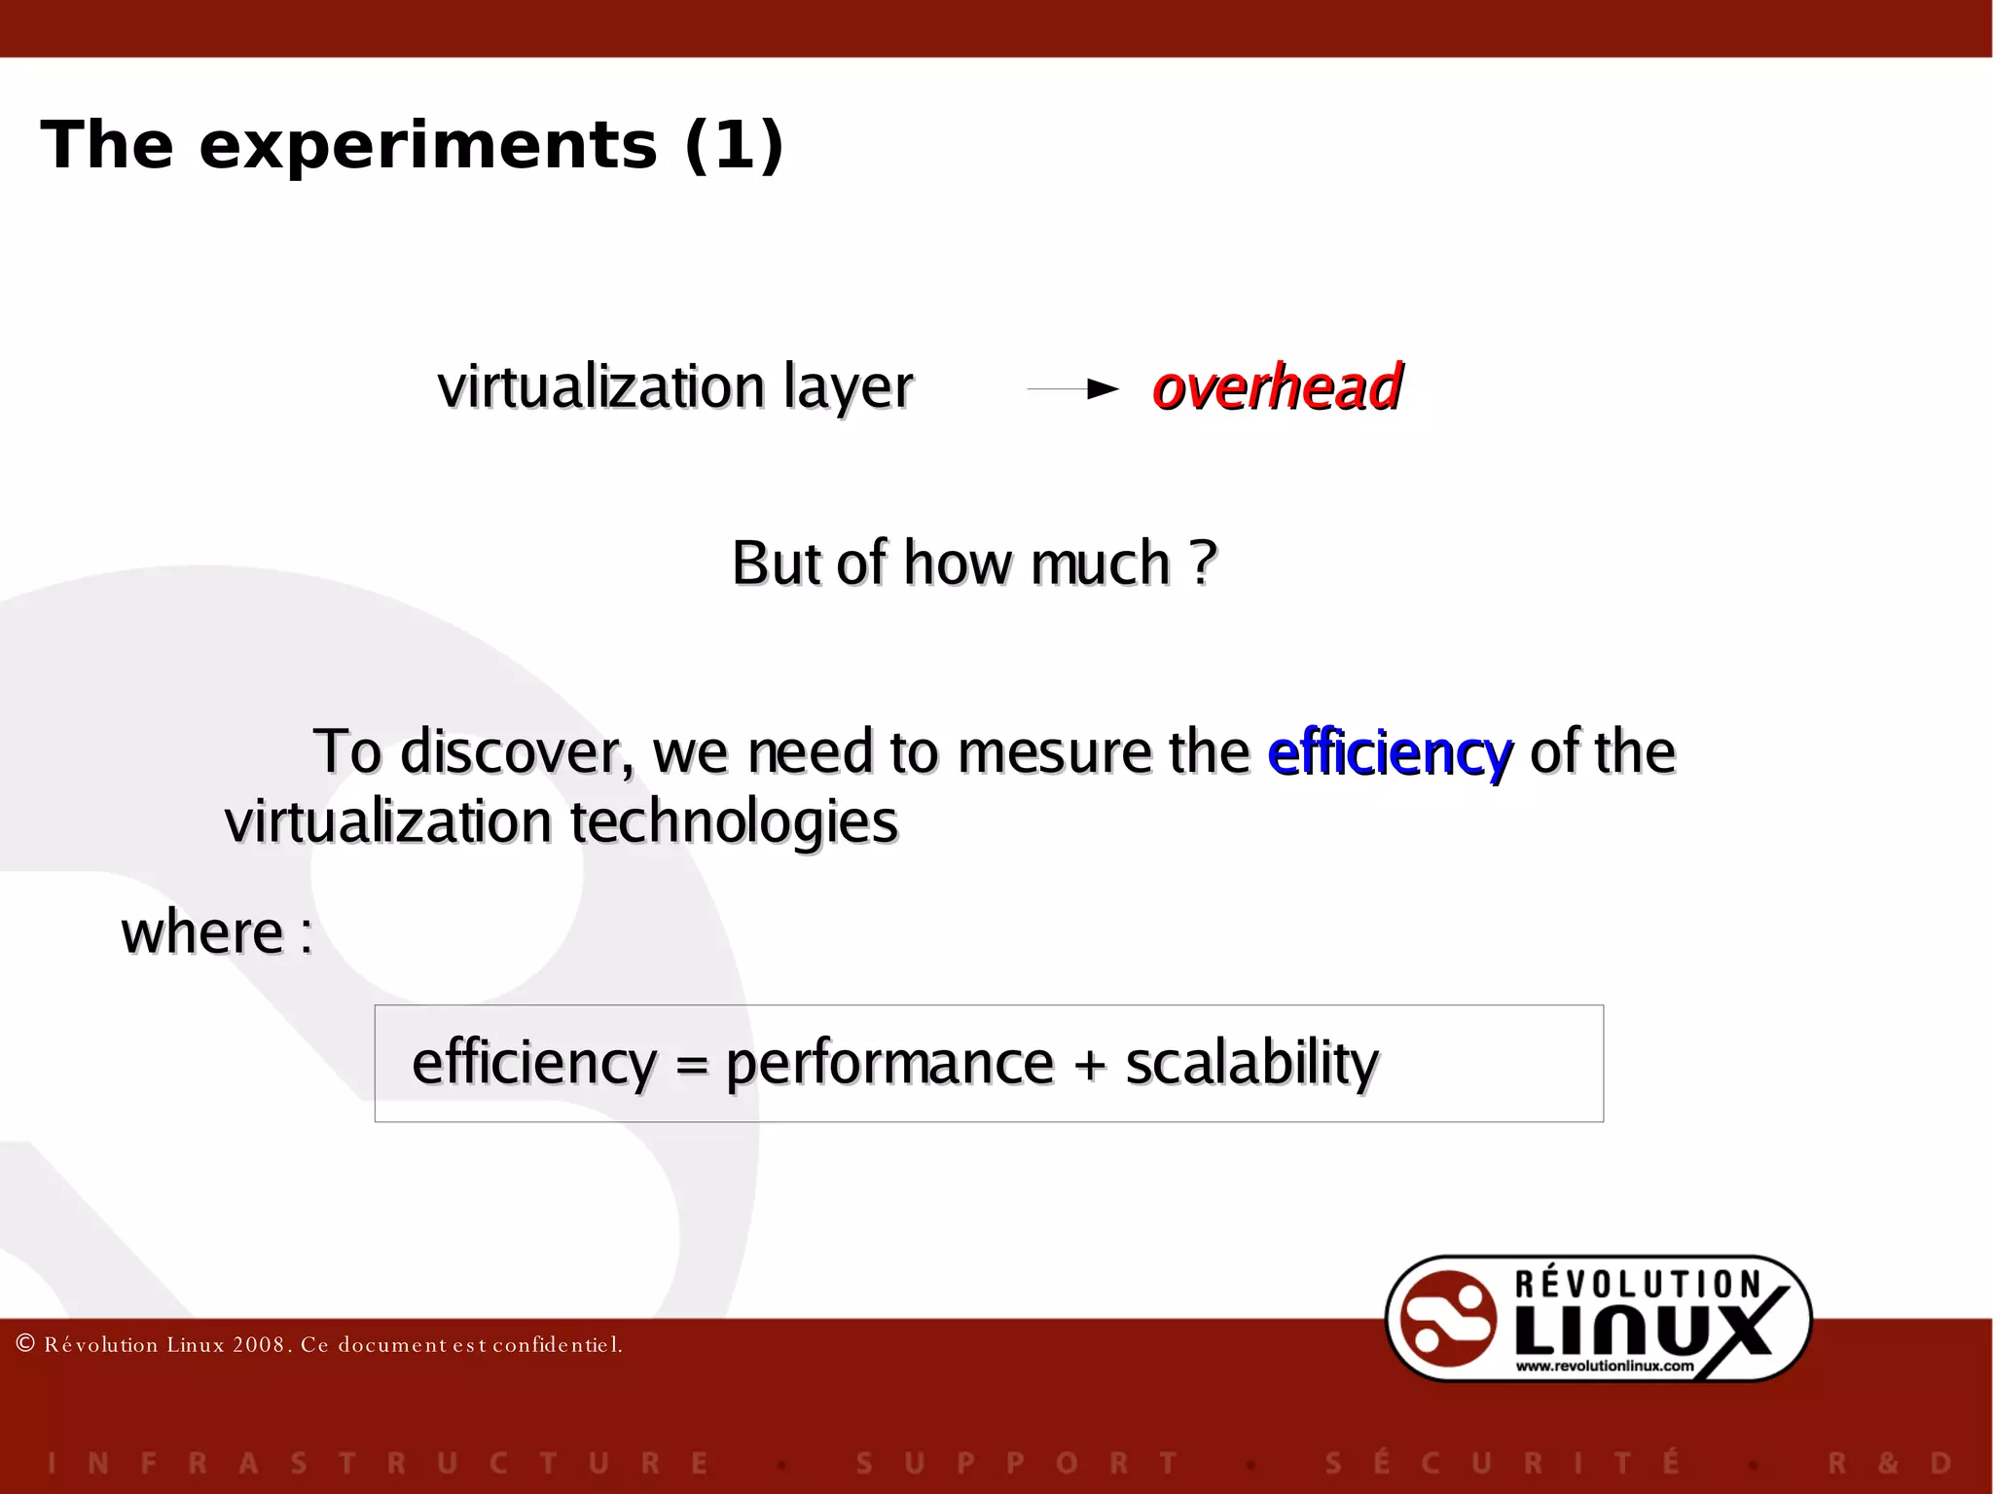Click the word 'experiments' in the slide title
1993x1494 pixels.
point(428,146)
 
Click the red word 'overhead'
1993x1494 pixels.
point(1276,387)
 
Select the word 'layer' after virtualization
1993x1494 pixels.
point(848,387)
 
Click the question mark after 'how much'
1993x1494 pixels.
point(1204,563)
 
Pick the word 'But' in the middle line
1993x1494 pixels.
point(775,563)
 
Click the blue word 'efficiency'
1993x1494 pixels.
point(1390,753)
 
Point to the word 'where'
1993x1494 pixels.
point(202,932)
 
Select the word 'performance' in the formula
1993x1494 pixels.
point(889,1064)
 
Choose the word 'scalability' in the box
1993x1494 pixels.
point(1251,1064)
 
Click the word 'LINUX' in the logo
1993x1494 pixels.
point(1645,1329)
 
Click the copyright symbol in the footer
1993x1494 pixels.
point(26,1344)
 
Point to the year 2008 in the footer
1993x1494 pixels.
point(258,1345)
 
